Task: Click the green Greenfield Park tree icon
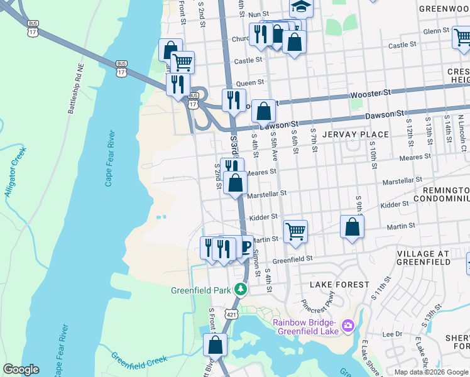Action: pyautogui.click(x=239, y=290)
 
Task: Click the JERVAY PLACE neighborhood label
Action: pyautogui.click(x=355, y=134)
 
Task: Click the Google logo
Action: pyautogui.click(x=21, y=369)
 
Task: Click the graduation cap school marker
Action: pyautogui.click(x=301, y=7)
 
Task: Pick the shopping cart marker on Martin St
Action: pyautogui.click(x=295, y=232)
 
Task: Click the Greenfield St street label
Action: pyautogui.click(x=292, y=259)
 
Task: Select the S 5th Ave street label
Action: pyautogui.click(x=274, y=145)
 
